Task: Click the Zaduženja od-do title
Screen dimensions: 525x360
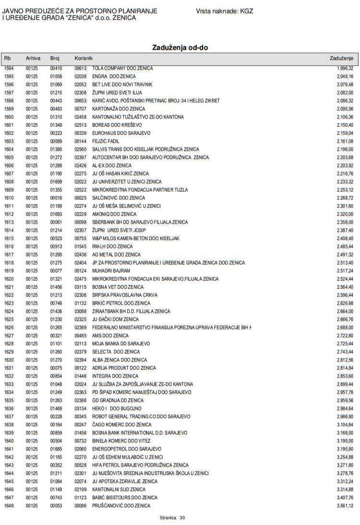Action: click(x=180, y=48)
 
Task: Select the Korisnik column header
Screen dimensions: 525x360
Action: click(x=83, y=58)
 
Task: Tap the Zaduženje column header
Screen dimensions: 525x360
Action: click(x=341, y=58)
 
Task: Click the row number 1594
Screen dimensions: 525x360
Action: click(x=9, y=68)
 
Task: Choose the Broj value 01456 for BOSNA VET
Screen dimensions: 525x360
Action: click(x=56, y=287)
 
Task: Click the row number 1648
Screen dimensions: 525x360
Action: click(x=9, y=506)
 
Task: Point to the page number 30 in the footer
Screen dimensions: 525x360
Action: click(x=182, y=518)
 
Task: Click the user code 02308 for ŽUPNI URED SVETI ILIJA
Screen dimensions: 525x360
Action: click(x=80, y=93)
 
